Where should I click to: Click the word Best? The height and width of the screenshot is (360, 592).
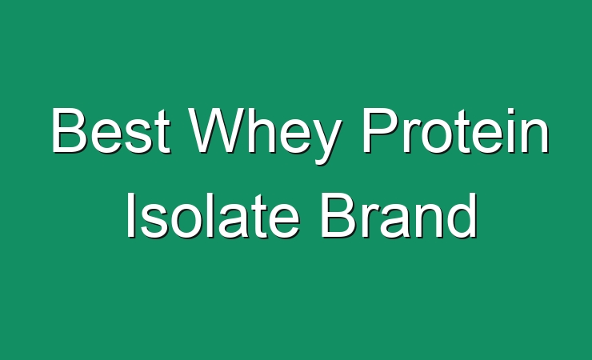pyautogui.click(x=110, y=130)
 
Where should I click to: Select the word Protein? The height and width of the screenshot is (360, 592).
pyautogui.click(x=455, y=130)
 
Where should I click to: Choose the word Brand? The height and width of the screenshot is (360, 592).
pyautogui.click(x=398, y=215)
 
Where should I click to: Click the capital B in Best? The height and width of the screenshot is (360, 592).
pyautogui.click(x=69, y=130)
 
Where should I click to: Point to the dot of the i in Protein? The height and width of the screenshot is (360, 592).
pyautogui.click(x=511, y=111)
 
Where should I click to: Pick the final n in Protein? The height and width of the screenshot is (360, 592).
pyautogui.click(x=535, y=136)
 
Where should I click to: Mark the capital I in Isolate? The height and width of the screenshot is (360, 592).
pyautogui.click(x=131, y=215)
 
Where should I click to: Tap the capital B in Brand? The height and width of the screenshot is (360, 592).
pyautogui.click(x=338, y=215)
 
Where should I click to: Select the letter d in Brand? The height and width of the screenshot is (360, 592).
pyautogui.click(x=463, y=215)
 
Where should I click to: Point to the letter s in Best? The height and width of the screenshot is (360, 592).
pyautogui.click(x=138, y=136)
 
